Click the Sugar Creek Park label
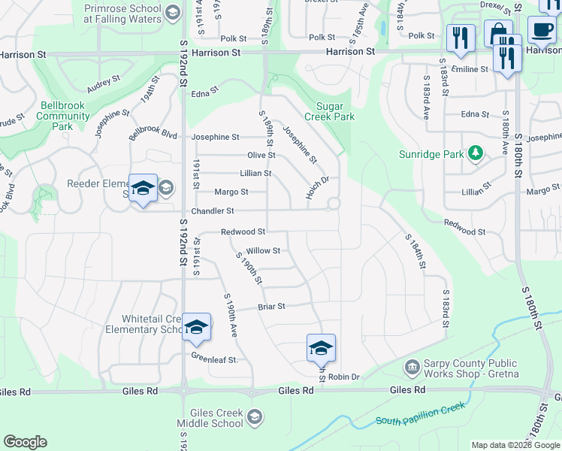329,111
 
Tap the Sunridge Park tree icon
474,154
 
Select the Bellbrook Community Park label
63,117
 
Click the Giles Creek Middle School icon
255,417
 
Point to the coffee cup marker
541,30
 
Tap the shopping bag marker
497,34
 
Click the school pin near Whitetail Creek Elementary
196,327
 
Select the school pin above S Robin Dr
321,348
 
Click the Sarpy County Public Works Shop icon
412,368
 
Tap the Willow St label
263,250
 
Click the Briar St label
271,306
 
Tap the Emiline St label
470,68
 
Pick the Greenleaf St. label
214,359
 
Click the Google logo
25,442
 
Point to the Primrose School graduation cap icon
172,13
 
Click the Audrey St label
104,85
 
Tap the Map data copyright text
515,445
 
